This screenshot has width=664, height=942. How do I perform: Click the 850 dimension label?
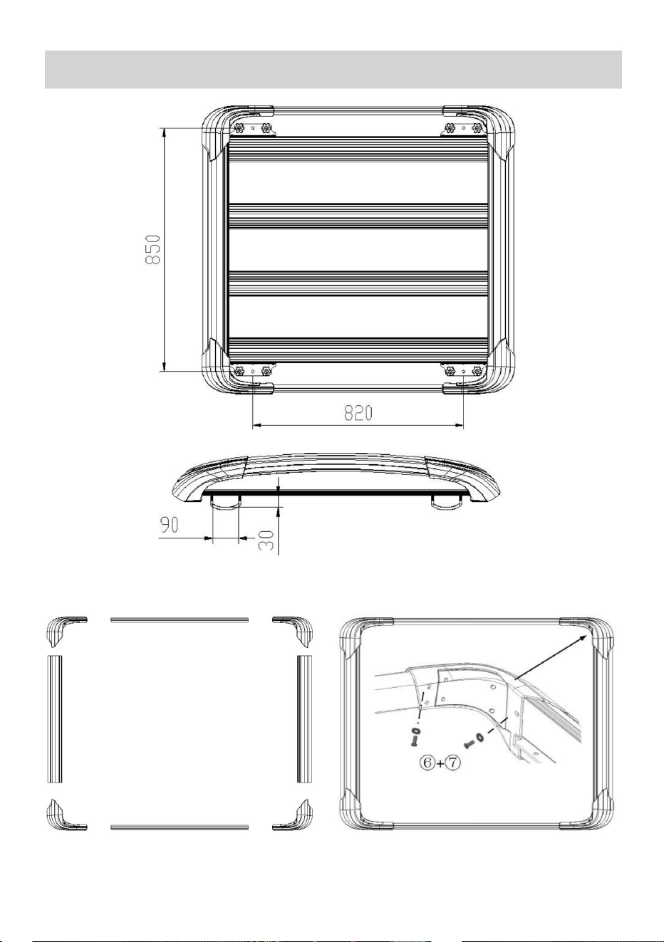pyautogui.click(x=152, y=249)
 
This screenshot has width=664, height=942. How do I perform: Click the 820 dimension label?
pyautogui.click(x=358, y=413)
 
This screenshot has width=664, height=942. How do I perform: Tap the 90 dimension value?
pyautogui.click(x=169, y=525)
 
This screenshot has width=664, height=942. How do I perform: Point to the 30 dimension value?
pyautogui.click(x=267, y=540)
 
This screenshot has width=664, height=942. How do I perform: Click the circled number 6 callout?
pyautogui.click(x=427, y=763)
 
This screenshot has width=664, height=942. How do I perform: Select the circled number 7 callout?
pyautogui.click(x=453, y=763)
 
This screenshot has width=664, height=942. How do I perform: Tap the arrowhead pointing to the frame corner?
pyautogui.click(x=582, y=639)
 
